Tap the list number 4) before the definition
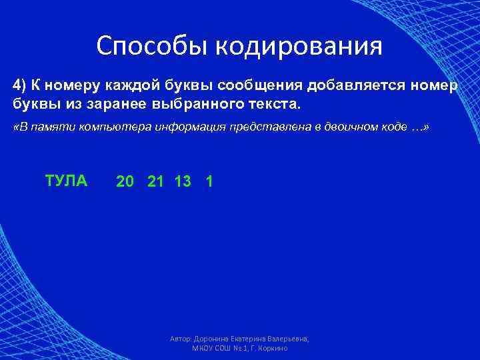pos(21,86)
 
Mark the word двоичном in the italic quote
pos(362,128)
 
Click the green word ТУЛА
pos(66,181)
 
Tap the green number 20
pos(124,181)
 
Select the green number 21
pos(155,181)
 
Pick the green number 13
pos(183,181)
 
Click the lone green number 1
pos(210,181)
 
